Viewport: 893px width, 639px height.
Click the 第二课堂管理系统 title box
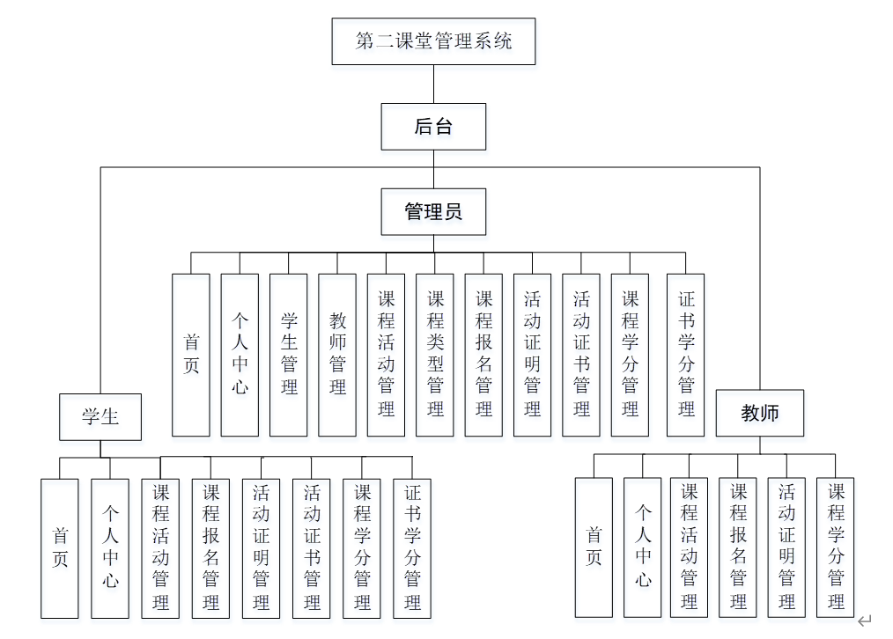(x=433, y=41)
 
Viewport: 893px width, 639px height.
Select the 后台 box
(x=433, y=127)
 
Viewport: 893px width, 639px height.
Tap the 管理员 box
(x=433, y=211)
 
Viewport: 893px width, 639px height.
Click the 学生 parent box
(x=100, y=416)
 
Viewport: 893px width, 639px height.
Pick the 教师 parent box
(x=760, y=413)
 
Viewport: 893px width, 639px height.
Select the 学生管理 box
(x=289, y=355)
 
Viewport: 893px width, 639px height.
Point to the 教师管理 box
(x=337, y=355)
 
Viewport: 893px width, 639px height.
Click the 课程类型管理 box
(x=435, y=355)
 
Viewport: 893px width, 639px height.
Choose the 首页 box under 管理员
(x=191, y=355)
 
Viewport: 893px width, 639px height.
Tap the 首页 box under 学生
(x=60, y=547)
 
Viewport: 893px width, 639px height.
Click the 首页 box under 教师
(x=594, y=547)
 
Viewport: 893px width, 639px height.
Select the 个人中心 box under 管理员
(x=240, y=355)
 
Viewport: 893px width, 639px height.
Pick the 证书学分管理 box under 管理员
(x=687, y=355)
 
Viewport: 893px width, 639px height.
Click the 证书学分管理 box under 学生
(x=412, y=547)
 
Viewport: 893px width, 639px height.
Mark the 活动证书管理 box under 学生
(x=312, y=547)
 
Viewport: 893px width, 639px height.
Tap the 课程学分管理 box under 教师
(x=835, y=547)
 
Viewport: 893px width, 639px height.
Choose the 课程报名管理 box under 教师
(x=738, y=547)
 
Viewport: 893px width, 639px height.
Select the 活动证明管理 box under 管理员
(x=533, y=355)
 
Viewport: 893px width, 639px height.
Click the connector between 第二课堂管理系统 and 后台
(x=433, y=84)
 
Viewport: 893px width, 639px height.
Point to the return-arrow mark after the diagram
(x=865, y=621)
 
